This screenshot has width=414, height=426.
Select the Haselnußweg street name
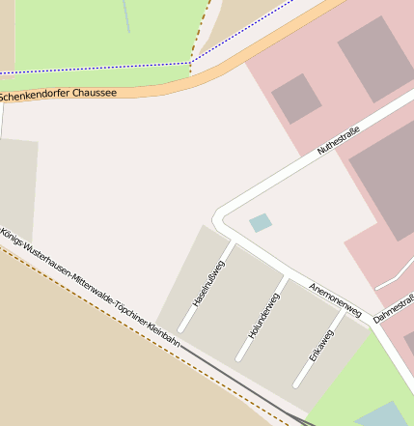(x=207, y=284)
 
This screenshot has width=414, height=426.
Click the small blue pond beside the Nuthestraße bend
(x=261, y=223)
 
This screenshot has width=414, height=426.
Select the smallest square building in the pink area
(x=296, y=98)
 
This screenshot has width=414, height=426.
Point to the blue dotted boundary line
(x=97, y=68)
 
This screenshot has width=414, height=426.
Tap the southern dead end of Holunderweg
(x=238, y=360)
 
